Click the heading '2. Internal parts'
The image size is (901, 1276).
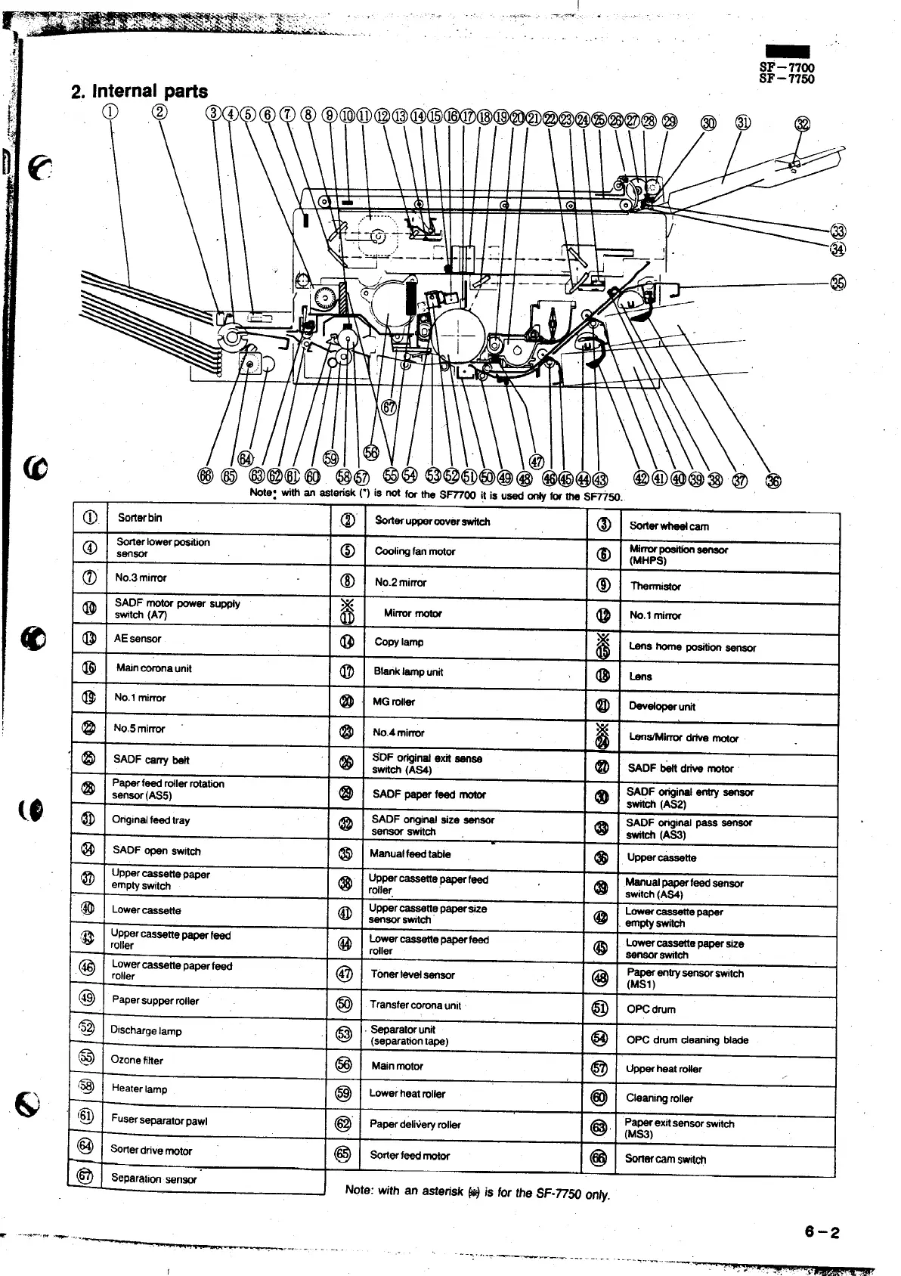tap(139, 92)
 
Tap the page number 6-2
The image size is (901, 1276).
tap(822, 1232)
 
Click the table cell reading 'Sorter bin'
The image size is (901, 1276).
tap(140, 518)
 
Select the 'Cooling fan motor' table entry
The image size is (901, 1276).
tap(415, 552)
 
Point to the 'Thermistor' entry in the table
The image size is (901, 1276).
tap(655, 586)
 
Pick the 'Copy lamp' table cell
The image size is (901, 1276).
tap(399, 642)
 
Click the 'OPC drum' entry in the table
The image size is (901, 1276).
tap(651, 1009)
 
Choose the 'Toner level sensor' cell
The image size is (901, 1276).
tap(413, 975)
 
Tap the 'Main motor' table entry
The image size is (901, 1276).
tap(398, 1066)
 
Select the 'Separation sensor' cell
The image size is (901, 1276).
tap(153, 1178)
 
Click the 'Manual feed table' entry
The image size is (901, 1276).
tap(410, 854)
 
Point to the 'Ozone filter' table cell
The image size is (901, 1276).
tap(137, 1060)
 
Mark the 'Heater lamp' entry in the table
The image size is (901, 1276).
tap(139, 1089)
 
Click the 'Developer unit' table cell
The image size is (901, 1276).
tap(662, 707)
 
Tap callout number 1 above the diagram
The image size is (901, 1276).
tap(110, 112)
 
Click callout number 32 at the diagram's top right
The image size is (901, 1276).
tap(803, 125)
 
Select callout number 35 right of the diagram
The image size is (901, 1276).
tap(838, 283)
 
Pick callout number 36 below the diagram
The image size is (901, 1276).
tap(773, 481)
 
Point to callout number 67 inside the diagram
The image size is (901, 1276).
tap(389, 408)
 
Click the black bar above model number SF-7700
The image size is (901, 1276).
tap(788, 51)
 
